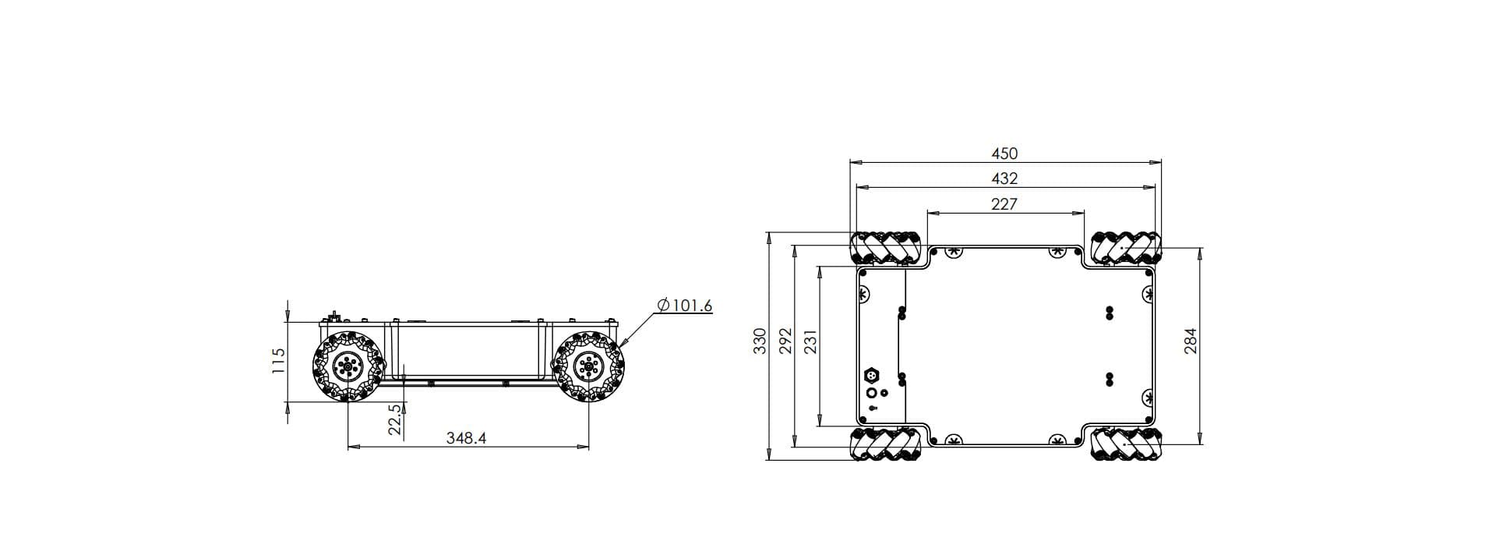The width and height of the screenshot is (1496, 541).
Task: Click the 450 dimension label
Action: [x=1004, y=154]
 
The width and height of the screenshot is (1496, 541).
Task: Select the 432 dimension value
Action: [x=1004, y=179]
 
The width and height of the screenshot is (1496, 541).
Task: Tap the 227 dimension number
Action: [x=1004, y=203]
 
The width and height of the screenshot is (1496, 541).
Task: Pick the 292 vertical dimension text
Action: [x=785, y=341]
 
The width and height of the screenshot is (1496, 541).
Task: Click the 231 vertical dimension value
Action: [x=810, y=341]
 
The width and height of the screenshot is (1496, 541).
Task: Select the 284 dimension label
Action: [x=1190, y=341]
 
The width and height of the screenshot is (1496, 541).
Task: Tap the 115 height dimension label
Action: [x=278, y=360]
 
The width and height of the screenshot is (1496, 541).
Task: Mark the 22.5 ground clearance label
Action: [x=395, y=419]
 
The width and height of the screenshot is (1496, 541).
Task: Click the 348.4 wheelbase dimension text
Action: [x=466, y=438]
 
